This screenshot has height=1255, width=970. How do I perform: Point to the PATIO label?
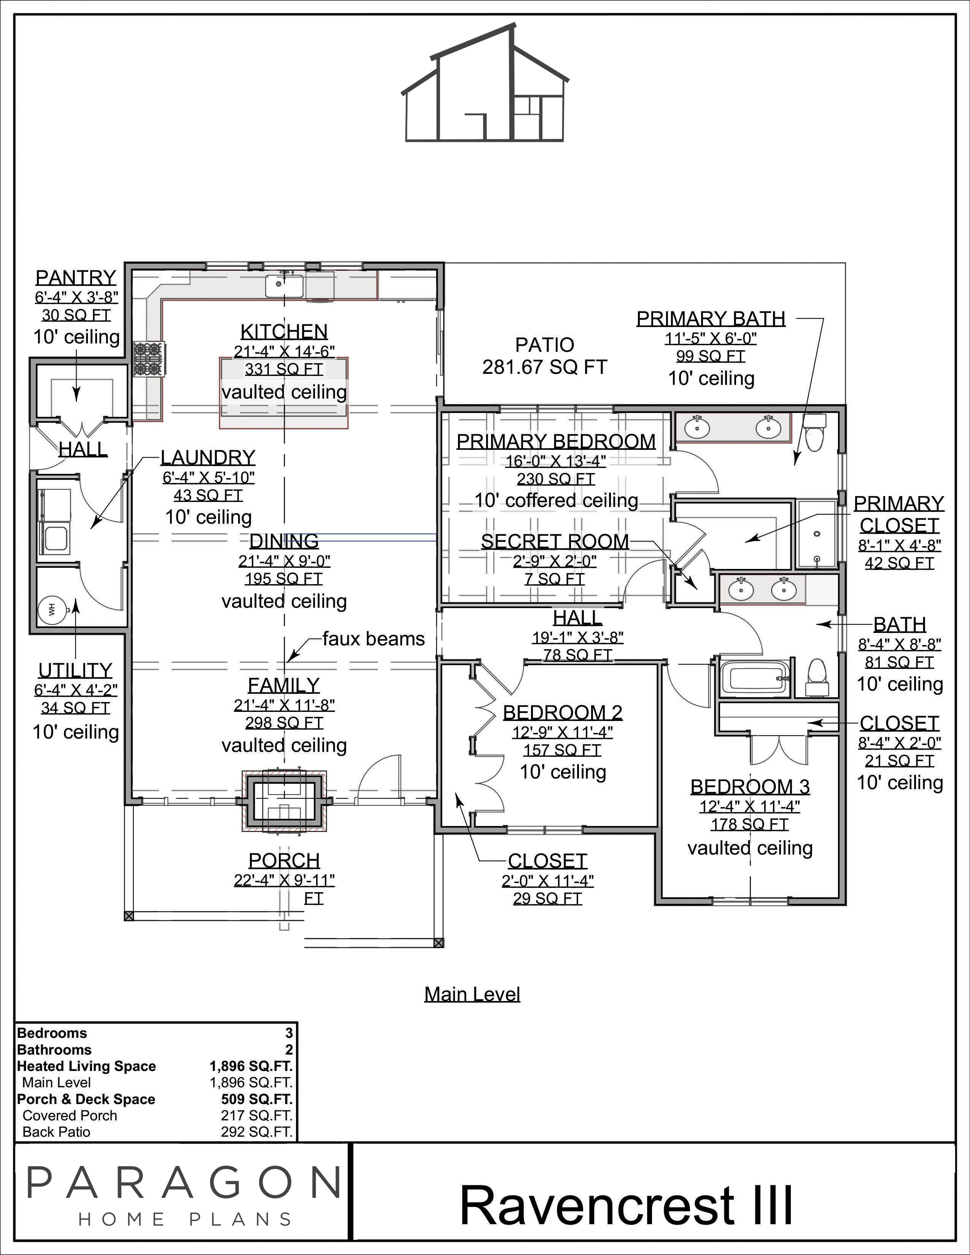coord(545,345)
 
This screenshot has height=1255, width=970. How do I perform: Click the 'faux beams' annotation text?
coord(374,639)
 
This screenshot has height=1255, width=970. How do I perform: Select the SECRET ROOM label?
coord(555,541)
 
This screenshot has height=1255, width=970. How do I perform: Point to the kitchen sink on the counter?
coord(284,285)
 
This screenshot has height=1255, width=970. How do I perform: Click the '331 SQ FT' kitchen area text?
coord(284,369)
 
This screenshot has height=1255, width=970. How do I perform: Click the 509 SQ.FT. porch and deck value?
coord(257,1099)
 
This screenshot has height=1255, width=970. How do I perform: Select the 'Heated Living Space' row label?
coord(87,1066)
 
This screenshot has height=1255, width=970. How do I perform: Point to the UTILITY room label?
coord(75,670)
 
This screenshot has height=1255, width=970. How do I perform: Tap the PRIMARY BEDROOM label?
coord(556,441)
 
